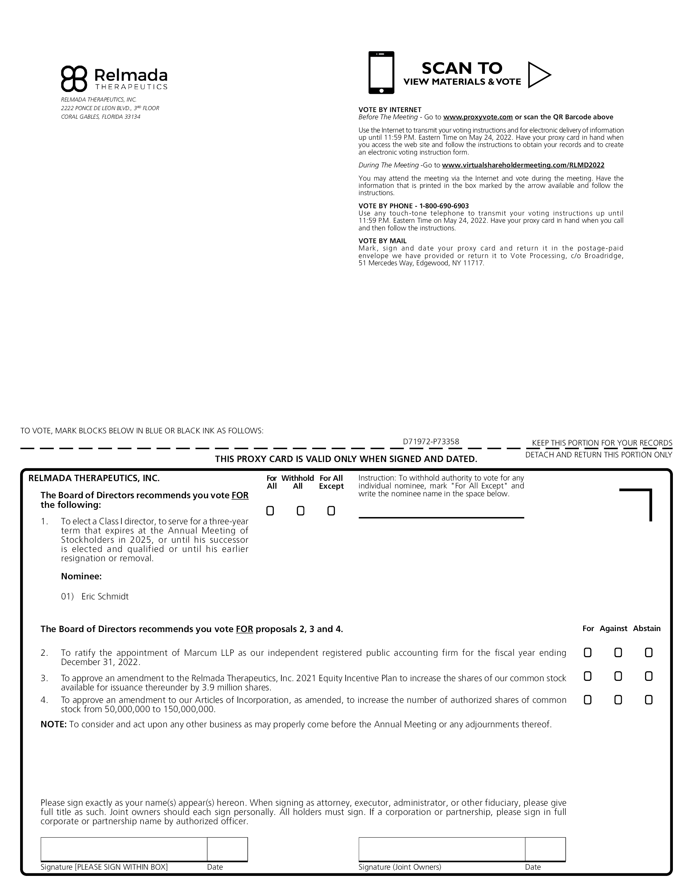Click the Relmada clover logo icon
click(x=74, y=78)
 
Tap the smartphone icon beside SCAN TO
click(x=381, y=72)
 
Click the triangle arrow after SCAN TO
click(x=538, y=75)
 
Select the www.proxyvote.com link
click(x=478, y=117)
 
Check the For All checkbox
click(x=270, y=511)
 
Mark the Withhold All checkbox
click(x=300, y=511)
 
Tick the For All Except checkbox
click(x=331, y=511)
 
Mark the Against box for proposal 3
click(x=618, y=676)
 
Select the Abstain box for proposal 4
click(x=649, y=700)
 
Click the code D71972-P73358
click(x=431, y=442)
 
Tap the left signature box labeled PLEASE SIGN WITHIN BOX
click(x=124, y=849)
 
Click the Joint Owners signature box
click(x=441, y=849)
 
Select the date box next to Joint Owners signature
click(x=545, y=849)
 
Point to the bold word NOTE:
click(x=53, y=725)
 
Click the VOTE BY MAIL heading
click(x=382, y=241)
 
